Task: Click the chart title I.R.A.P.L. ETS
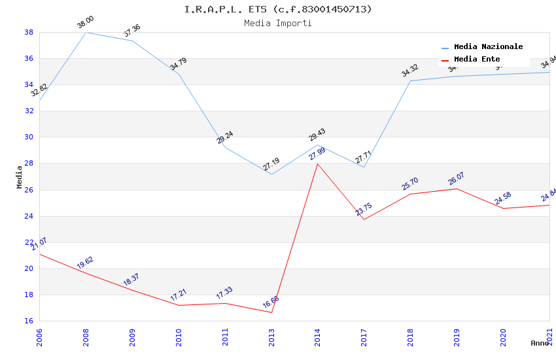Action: (x=278, y=9)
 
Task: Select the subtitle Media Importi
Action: (x=278, y=23)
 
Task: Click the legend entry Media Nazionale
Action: (x=488, y=46)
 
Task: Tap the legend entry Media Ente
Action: (x=477, y=59)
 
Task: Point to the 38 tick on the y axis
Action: (x=29, y=32)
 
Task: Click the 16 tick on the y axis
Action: (x=29, y=321)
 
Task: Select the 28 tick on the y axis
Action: (x=29, y=164)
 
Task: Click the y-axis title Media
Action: (x=20, y=177)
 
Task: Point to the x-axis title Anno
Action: (x=540, y=343)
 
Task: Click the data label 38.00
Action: (x=86, y=23)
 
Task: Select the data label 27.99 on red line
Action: (x=317, y=156)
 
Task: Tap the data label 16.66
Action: (x=271, y=302)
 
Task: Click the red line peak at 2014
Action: (x=318, y=164)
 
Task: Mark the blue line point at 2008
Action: (x=86, y=32)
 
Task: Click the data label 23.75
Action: (x=364, y=209)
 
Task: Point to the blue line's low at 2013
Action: (x=271, y=174)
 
